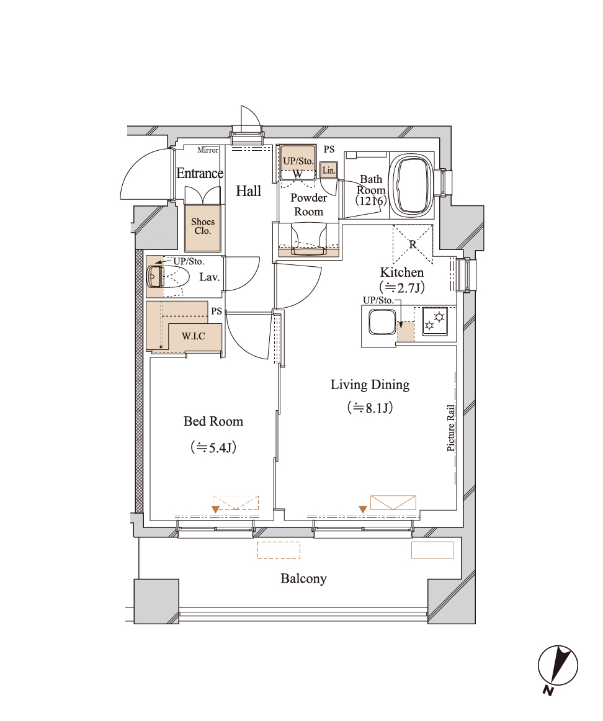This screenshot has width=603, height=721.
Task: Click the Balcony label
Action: point(303,578)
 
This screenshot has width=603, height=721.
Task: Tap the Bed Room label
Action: point(213,421)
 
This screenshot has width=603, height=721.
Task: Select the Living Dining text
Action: point(370,385)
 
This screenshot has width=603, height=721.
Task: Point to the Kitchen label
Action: point(402,272)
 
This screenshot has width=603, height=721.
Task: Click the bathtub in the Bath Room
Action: point(411,186)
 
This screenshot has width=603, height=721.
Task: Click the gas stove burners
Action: point(435,321)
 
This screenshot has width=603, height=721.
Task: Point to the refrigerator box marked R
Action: point(413,244)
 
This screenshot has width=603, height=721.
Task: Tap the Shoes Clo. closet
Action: point(203,228)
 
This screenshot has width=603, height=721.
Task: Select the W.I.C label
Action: point(193,336)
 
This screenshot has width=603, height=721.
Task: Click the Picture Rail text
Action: point(451,428)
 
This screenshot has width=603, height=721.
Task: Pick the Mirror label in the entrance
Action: point(208,150)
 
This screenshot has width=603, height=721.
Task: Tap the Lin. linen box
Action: point(329,170)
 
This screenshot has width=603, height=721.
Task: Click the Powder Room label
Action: point(308,205)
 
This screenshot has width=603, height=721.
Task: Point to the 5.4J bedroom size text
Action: point(213,447)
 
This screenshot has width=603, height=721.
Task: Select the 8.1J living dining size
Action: point(370,408)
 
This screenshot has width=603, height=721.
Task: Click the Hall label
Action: point(248,191)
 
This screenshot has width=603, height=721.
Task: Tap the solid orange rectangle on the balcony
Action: point(432,550)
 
